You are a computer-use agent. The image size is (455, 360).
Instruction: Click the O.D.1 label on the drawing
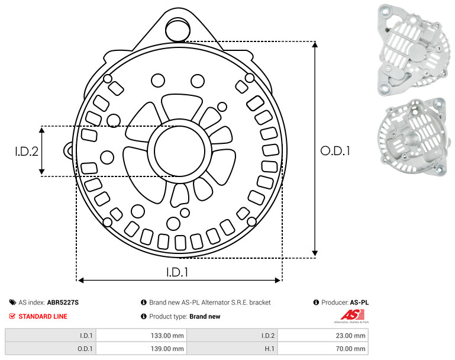tap(335, 151)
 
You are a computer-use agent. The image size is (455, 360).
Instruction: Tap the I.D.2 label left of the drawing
tap(27, 151)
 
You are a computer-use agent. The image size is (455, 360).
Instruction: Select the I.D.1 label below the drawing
tap(177, 272)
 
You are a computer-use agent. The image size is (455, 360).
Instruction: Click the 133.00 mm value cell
tap(141, 336)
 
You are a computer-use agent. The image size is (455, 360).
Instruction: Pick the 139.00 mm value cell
tap(141, 348)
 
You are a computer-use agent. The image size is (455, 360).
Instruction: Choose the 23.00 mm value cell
tap(323, 336)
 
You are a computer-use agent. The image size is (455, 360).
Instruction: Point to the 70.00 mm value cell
tap(323, 348)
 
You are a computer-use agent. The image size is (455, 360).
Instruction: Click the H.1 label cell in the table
tap(232, 348)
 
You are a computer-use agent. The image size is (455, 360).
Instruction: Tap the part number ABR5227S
tap(63, 303)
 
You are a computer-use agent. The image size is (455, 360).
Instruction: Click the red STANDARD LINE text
tap(43, 316)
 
